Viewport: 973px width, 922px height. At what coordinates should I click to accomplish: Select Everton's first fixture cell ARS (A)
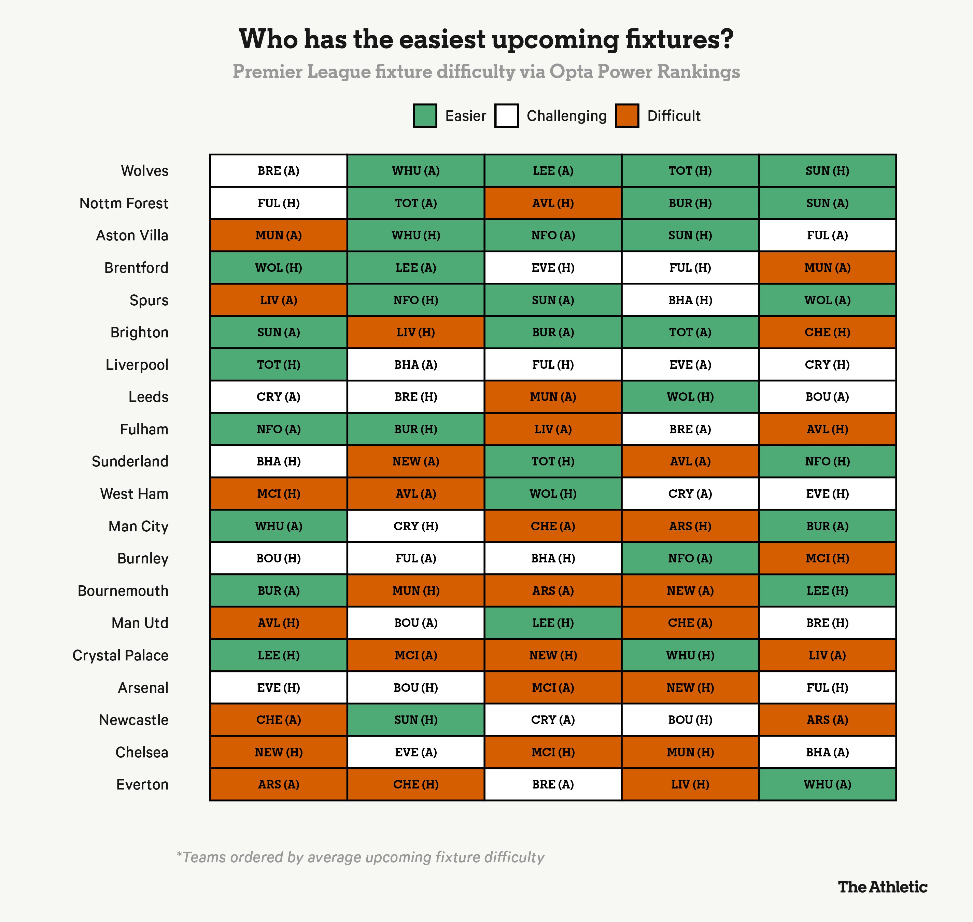pyautogui.click(x=278, y=784)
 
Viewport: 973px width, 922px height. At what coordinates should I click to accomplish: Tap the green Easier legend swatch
pyautogui.click(x=425, y=116)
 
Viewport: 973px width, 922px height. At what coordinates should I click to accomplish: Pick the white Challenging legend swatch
pyautogui.click(x=506, y=116)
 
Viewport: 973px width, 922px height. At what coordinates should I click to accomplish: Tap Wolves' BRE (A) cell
pyautogui.click(x=278, y=171)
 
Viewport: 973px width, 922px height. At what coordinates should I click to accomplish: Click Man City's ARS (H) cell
pyautogui.click(x=690, y=526)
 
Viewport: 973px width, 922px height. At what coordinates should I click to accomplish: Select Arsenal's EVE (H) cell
pyautogui.click(x=278, y=687)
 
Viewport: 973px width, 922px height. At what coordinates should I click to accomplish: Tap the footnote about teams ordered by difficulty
pyautogui.click(x=360, y=857)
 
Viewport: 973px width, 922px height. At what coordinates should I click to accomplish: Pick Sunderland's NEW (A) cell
pyautogui.click(x=416, y=461)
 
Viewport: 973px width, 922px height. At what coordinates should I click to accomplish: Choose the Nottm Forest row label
pyautogui.click(x=124, y=204)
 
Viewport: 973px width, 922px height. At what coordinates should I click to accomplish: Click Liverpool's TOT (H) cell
pyautogui.click(x=278, y=365)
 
